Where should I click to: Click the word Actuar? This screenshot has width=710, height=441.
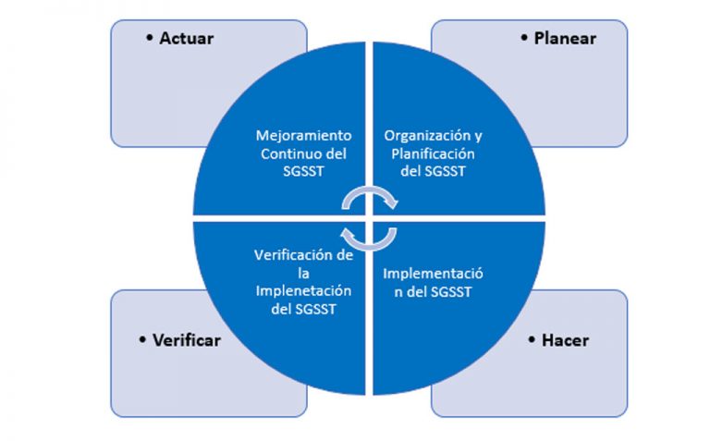click(186, 39)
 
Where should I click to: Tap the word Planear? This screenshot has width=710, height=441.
click(565, 39)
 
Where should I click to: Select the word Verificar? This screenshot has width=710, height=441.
click(187, 340)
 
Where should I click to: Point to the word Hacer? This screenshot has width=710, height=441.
click(565, 340)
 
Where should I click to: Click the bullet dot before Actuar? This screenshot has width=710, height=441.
click(150, 38)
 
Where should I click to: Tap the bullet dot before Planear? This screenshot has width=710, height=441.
click(524, 38)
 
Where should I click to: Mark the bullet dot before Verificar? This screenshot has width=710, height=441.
click(142, 339)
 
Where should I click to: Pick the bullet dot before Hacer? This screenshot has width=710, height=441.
click(532, 339)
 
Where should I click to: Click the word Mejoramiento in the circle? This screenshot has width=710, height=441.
click(303, 136)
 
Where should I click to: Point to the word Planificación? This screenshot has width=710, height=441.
click(433, 154)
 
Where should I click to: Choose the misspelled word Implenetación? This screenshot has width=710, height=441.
click(303, 291)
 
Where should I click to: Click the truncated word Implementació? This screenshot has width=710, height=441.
click(433, 274)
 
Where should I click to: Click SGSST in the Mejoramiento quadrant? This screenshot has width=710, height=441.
click(303, 172)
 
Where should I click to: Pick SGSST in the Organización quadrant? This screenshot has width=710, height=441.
click(445, 172)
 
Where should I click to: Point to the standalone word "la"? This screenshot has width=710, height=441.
click(303, 273)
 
